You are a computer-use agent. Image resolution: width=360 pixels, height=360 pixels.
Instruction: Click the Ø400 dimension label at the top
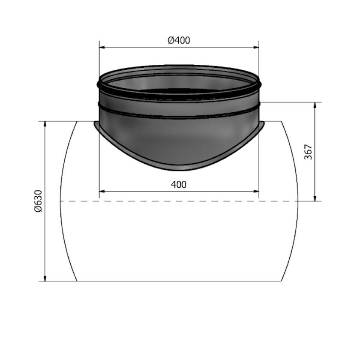point(179,41)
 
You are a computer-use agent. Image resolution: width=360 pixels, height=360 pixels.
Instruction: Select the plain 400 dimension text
point(179,185)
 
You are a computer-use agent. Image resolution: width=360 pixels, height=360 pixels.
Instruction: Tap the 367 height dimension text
point(309,152)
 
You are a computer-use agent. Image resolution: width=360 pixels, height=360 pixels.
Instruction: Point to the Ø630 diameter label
point(38,201)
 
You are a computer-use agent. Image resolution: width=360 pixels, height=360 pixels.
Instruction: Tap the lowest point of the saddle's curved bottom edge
point(179,170)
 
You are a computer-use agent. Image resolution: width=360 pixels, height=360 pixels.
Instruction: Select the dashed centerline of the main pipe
point(179,201)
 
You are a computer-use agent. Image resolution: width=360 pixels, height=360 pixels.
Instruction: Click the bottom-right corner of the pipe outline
point(281,281)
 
